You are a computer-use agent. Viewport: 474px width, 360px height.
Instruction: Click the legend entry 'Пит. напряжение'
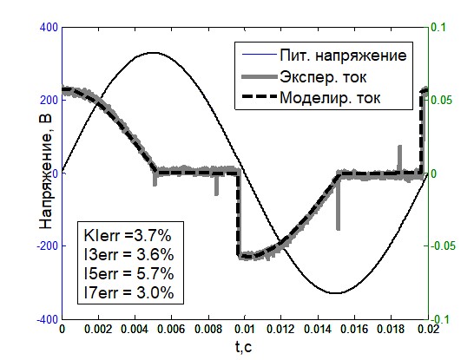click(343, 56)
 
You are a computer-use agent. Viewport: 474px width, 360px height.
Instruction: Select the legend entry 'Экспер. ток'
click(323, 77)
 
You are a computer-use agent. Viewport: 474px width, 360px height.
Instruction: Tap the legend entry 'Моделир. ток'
click(330, 98)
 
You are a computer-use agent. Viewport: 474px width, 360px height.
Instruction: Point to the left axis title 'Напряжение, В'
click(47, 172)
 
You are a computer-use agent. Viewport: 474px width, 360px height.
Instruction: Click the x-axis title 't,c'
click(244, 347)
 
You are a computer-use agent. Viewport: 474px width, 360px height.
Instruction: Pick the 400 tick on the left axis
click(49, 28)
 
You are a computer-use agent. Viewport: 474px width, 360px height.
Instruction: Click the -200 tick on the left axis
click(47, 245)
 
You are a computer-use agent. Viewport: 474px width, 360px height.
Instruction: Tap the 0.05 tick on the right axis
click(441, 101)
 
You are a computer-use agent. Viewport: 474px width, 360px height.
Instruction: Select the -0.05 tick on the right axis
click(443, 245)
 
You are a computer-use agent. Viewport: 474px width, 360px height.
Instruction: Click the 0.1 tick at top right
click(438, 28)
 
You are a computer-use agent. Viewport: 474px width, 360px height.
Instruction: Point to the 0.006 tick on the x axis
click(171, 329)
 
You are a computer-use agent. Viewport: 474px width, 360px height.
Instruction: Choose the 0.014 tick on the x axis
click(318, 329)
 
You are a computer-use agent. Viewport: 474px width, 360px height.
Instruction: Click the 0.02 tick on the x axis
click(429, 329)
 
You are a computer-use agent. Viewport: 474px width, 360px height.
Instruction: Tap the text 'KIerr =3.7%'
click(128, 236)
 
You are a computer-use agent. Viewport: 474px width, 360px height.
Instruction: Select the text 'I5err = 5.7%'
click(129, 273)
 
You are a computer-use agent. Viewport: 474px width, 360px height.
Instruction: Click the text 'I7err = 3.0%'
click(129, 292)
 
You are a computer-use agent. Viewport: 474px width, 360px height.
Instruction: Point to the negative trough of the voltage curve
click(336, 293)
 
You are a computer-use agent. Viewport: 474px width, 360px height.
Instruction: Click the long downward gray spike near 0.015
click(338, 203)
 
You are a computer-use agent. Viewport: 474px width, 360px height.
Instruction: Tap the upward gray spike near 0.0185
click(399, 158)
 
